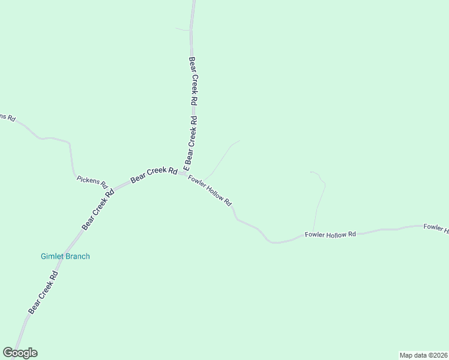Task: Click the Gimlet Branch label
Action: point(65,256)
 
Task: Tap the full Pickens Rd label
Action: point(92,182)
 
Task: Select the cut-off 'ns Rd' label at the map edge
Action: point(7,117)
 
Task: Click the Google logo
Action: point(20,353)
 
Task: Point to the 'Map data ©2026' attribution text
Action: point(423,355)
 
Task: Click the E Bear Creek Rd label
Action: point(191,142)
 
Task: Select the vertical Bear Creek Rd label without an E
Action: point(193,82)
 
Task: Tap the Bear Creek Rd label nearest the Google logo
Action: point(43,293)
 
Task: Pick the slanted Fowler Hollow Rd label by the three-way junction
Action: point(209,191)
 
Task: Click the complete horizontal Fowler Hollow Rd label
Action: point(330,235)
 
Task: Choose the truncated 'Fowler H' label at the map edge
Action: point(436,227)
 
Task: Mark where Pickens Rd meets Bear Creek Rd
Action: point(111,188)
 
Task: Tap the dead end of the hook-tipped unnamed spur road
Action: point(310,172)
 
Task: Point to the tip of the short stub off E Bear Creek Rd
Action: point(175,28)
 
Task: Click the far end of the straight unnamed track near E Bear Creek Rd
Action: point(240,141)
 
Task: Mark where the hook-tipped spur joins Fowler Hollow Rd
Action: point(313,231)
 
